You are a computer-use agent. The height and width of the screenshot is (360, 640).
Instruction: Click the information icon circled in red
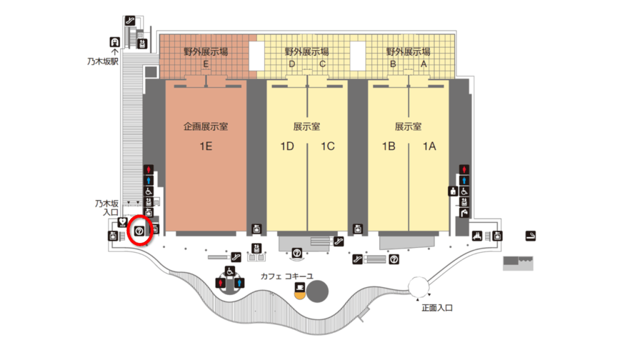(139, 231)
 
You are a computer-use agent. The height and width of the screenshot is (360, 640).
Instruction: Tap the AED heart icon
(122, 222)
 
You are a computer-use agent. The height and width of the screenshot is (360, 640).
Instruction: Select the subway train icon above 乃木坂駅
(115, 42)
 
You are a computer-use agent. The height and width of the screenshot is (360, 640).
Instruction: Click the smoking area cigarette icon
(530, 236)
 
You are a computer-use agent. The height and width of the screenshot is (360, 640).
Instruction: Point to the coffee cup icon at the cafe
(300, 287)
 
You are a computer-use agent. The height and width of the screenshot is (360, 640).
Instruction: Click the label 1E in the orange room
(206, 146)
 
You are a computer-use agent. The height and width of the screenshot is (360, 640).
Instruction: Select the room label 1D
(287, 146)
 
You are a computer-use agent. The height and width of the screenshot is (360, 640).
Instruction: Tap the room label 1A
(429, 146)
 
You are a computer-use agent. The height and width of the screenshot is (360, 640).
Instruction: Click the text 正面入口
(437, 307)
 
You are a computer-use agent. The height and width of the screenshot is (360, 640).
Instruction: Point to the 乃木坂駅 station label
(103, 61)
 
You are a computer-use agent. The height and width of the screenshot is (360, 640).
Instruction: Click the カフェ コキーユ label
(287, 276)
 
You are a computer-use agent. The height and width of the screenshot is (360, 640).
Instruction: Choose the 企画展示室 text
(206, 126)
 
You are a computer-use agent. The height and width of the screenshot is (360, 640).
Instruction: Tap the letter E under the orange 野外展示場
(206, 64)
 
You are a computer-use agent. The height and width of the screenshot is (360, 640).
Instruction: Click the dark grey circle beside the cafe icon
(317, 291)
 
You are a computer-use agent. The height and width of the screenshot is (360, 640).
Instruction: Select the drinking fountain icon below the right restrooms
(464, 212)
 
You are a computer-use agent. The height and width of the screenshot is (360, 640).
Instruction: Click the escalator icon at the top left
(130, 21)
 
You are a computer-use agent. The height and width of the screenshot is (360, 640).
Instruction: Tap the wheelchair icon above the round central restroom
(230, 271)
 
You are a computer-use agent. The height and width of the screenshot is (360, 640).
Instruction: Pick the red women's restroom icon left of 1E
(149, 169)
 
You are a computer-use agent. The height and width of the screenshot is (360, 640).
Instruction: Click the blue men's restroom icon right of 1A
(464, 181)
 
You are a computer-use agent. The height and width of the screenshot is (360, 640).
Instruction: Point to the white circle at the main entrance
(419, 286)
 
